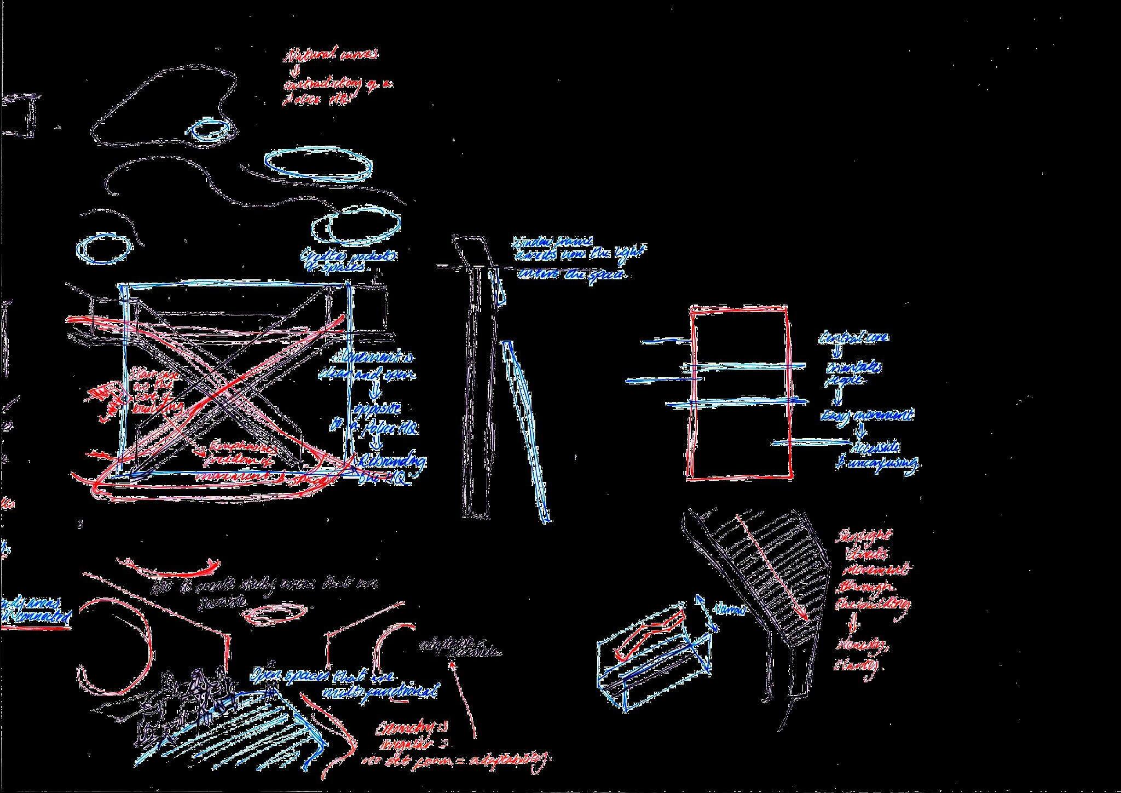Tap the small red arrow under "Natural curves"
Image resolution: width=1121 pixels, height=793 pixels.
pyautogui.click(x=296, y=71)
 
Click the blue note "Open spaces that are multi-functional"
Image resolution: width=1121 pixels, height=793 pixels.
pyautogui.click(x=345, y=682)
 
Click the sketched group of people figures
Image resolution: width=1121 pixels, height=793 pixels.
pyautogui.click(x=192, y=701)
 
